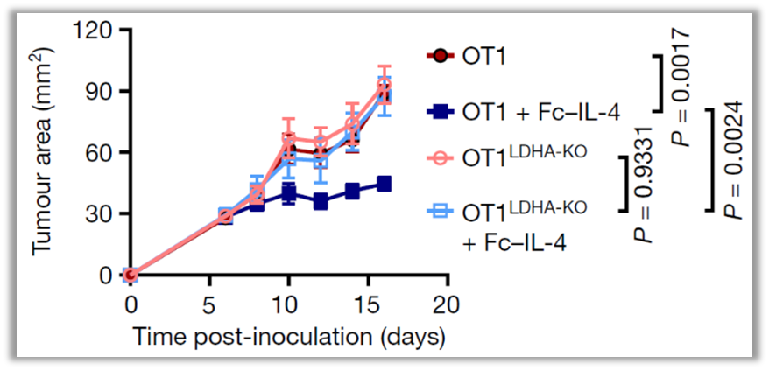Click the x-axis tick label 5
209,304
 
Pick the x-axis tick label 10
289,304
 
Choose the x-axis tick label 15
369,304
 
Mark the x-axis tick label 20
448,304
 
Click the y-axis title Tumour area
43,153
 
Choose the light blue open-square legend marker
441,211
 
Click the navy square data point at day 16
384,184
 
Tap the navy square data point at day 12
321,201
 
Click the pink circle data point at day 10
289,138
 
